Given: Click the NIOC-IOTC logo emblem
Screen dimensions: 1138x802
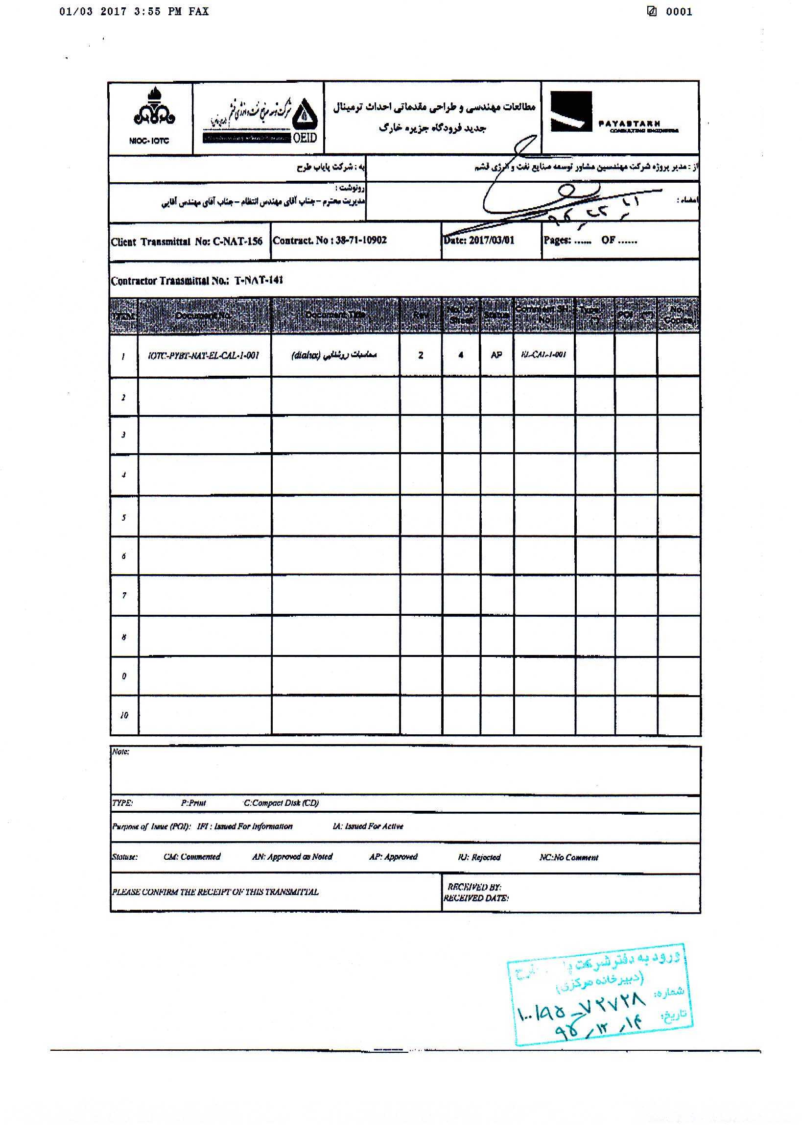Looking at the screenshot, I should coord(154,108).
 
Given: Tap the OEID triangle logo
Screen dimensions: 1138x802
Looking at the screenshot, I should coord(304,115).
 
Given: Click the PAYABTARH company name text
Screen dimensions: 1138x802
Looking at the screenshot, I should coord(629,123).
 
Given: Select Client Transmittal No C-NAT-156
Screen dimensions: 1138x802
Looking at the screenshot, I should coord(187,242).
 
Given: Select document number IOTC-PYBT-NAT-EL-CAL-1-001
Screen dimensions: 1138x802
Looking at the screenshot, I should coord(204,355).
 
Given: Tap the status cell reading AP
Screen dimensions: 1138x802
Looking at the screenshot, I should coord(496,355).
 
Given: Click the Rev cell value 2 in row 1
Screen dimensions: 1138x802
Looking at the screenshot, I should coord(421,355).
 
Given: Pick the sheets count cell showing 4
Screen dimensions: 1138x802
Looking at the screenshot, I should coord(461,355).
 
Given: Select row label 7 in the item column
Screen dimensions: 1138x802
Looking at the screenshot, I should coord(124,595).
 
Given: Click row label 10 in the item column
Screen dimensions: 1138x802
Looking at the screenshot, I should coord(124,715).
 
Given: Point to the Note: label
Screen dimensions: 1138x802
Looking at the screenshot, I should coord(120,752).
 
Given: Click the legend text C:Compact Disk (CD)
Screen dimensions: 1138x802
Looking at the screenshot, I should coord(281,802).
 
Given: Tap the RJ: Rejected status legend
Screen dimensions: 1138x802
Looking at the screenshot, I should coord(478,857).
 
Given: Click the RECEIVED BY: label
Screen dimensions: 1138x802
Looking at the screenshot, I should coord(474,887).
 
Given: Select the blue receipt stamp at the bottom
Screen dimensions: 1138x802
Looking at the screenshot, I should coord(599,994).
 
